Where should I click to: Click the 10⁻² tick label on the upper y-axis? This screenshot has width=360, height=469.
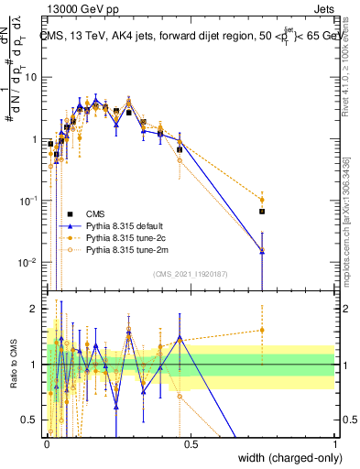click(30, 263)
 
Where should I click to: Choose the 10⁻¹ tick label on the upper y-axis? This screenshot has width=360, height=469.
click(30, 201)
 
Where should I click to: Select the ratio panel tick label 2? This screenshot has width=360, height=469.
click(37, 309)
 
